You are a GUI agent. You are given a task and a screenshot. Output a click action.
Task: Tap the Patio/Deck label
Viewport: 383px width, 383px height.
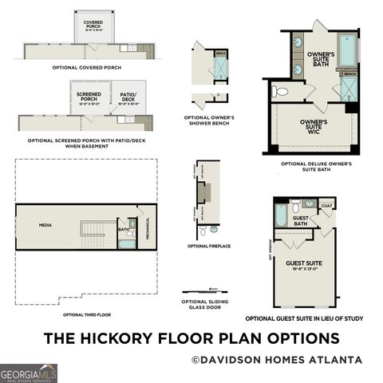(128, 97)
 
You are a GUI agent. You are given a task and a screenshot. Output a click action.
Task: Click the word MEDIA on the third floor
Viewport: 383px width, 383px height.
(45, 225)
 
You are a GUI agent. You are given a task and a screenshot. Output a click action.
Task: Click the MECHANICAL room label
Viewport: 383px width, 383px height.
(148, 229)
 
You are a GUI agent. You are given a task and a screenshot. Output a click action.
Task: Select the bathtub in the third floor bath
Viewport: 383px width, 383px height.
(127, 243)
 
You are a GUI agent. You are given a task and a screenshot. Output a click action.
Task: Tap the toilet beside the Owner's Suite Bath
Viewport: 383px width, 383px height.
(280, 91)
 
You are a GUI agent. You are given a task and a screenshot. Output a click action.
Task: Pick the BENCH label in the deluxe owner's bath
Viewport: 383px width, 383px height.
(349, 73)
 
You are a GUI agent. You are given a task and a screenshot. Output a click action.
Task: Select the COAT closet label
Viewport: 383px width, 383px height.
(326, 205)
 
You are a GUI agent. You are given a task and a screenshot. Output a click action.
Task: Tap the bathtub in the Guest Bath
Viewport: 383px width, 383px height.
(281, 215)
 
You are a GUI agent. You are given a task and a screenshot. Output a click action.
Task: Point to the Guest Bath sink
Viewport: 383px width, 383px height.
(309, 203)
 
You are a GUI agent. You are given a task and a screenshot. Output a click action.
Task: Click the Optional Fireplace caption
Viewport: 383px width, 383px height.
(209, 246)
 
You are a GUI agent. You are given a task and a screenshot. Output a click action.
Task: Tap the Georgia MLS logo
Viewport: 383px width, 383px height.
(29, 373)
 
